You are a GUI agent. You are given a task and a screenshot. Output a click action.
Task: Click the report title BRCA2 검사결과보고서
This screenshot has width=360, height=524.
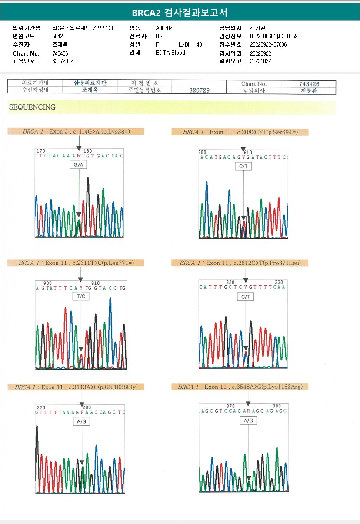point(180,13)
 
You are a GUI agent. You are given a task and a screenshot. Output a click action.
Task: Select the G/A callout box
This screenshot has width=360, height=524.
point(79,165)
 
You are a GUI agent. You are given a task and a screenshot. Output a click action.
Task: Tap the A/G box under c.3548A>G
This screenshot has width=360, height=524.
point(248,421)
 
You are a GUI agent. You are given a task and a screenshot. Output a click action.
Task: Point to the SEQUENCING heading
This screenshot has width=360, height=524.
point(32,107)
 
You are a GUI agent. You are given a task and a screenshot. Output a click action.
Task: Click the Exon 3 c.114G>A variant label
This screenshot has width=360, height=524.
point(83,131)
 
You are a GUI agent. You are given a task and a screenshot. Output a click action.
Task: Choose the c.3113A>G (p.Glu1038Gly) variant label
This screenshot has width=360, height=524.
point(79,387)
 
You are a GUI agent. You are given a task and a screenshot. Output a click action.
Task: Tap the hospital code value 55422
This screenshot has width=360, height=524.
point(59,36)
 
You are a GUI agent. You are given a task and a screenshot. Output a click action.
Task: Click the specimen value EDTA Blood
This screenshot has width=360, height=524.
point(170,53)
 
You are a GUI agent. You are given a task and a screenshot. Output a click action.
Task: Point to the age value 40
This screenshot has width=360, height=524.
point(199,44)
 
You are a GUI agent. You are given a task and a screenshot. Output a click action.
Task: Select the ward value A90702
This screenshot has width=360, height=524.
point(164,28)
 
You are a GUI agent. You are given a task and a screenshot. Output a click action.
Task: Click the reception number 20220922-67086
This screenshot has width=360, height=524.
point(268,44)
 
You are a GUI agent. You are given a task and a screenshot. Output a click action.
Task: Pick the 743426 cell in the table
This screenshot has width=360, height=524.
point(309,84)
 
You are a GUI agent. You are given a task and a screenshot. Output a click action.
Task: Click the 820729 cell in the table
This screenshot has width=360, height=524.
point(200,90)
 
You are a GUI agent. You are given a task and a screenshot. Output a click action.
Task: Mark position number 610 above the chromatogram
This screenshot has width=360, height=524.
point(248,152)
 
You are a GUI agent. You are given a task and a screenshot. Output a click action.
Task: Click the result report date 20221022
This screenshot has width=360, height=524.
point(260,61)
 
